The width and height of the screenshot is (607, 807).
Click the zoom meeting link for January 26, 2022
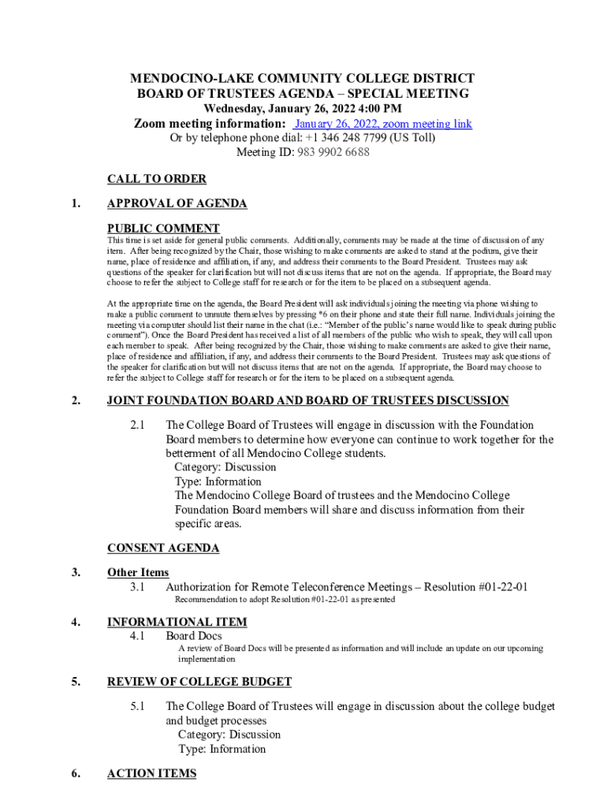382,124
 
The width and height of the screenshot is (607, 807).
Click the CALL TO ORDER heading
156,179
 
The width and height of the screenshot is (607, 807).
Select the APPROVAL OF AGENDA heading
177,203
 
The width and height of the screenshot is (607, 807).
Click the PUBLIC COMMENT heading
163,229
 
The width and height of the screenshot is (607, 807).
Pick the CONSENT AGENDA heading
163,548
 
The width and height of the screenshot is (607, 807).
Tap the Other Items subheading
138,572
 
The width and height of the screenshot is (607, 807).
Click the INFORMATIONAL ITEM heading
177,622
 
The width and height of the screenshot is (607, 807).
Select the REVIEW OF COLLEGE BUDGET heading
199,681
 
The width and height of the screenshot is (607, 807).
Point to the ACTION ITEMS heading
151,773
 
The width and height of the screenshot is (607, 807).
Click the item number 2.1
137,426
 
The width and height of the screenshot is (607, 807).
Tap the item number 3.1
137,586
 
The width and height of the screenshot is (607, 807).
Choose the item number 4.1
137,635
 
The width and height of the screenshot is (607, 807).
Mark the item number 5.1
137,706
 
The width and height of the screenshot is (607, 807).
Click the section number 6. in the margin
76,774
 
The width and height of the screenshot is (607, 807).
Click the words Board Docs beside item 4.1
194,635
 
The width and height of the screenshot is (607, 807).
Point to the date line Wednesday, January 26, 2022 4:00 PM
303,108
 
